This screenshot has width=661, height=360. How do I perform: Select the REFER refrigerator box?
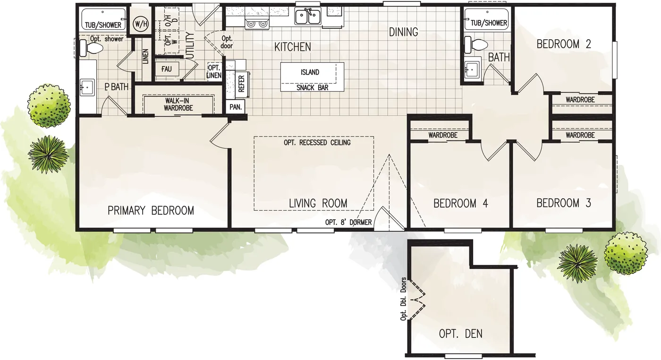(x=241, y=84)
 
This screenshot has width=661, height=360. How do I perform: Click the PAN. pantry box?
(x=236, y=107)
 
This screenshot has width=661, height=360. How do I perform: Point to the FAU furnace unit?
(x=166, y=69)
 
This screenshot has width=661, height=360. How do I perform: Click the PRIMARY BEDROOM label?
(x=151, y=211)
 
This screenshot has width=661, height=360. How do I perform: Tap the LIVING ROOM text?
(x=318, y=204)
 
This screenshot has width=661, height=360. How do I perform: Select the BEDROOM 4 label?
(x=460, y=204)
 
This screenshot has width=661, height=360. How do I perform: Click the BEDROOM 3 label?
(x=564, y=204)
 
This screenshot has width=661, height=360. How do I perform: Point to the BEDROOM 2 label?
(x=564, y=44)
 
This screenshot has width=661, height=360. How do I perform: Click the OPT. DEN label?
(x=460, y=334)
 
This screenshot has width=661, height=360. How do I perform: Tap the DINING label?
(x=403, y=32)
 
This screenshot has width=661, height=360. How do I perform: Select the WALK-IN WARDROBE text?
(x=178, y=104)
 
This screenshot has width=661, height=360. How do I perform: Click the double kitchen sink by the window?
(x=308, y=17)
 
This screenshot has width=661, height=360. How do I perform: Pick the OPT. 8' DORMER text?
(x=348, y=223)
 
